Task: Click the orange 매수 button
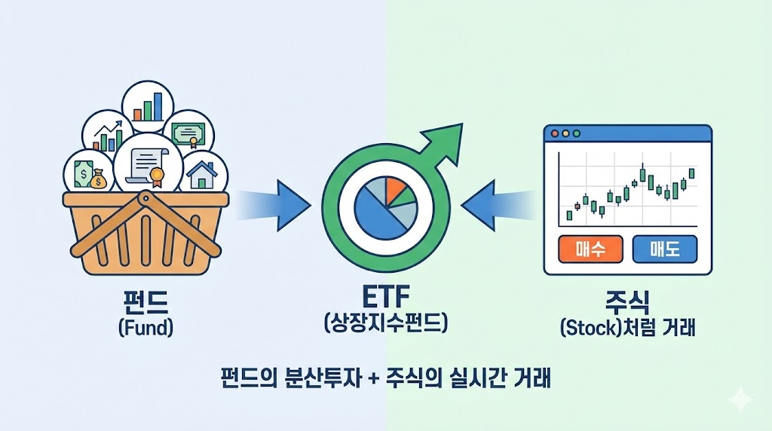pyautogui.click(x=590, y=249)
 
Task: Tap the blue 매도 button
pyautogui.click(x=665, y=249)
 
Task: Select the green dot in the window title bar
pyautogui.click(x=577, y=134)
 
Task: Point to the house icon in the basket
pyautogui.click(x=201, y=174)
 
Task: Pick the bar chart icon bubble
pyautogui.click(x=148, y=106)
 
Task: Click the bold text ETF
pyautogui.click(x=385, y=295)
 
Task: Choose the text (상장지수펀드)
pyautogui.click(x=385, y=324)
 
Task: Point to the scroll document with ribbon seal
pyautogui.click(x=148, y=165)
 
